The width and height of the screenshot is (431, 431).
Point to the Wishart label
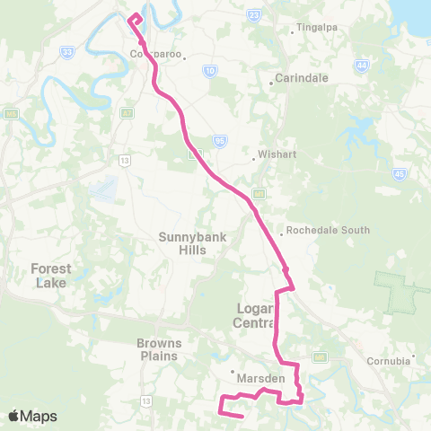pyautogui.click(x=270, y=154)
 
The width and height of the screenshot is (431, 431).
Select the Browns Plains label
pyautogui.click(x=160, y=348)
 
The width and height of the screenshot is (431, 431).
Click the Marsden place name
pyautogui.click(x=260, y=378)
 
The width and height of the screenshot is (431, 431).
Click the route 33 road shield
pyautogui.click(x=67, y=53)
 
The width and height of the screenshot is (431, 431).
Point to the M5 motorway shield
pyautogui.click(x=10, y=114)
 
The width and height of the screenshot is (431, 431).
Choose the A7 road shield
pyautogui.click(x=128, y=112)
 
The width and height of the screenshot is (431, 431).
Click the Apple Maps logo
pyautogui.click(x=32, y=416)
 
